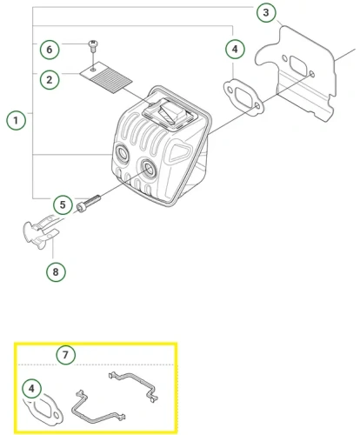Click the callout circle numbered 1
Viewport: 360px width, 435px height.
(16, 119)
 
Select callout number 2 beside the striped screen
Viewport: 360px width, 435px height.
(49, 79)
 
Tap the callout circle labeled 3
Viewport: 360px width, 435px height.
(266, 12)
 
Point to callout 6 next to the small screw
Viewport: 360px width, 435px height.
(49, 47)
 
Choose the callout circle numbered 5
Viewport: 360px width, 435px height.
(62, 205)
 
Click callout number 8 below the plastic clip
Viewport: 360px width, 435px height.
(55, 271)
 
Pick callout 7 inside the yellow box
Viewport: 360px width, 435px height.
(65, 355)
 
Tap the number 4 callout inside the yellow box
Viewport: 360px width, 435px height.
(31, 388)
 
